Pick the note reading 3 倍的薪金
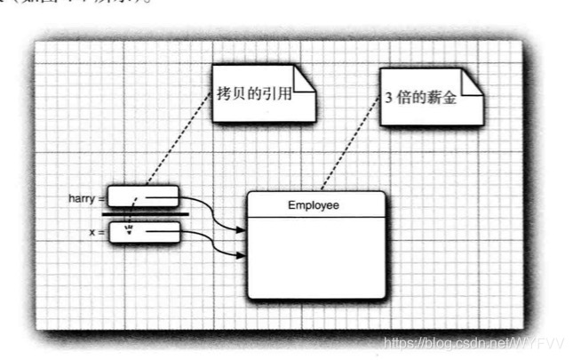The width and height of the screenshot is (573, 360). click(x=421, y=97)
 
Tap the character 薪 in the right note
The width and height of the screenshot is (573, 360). click(x=434, y=98)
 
